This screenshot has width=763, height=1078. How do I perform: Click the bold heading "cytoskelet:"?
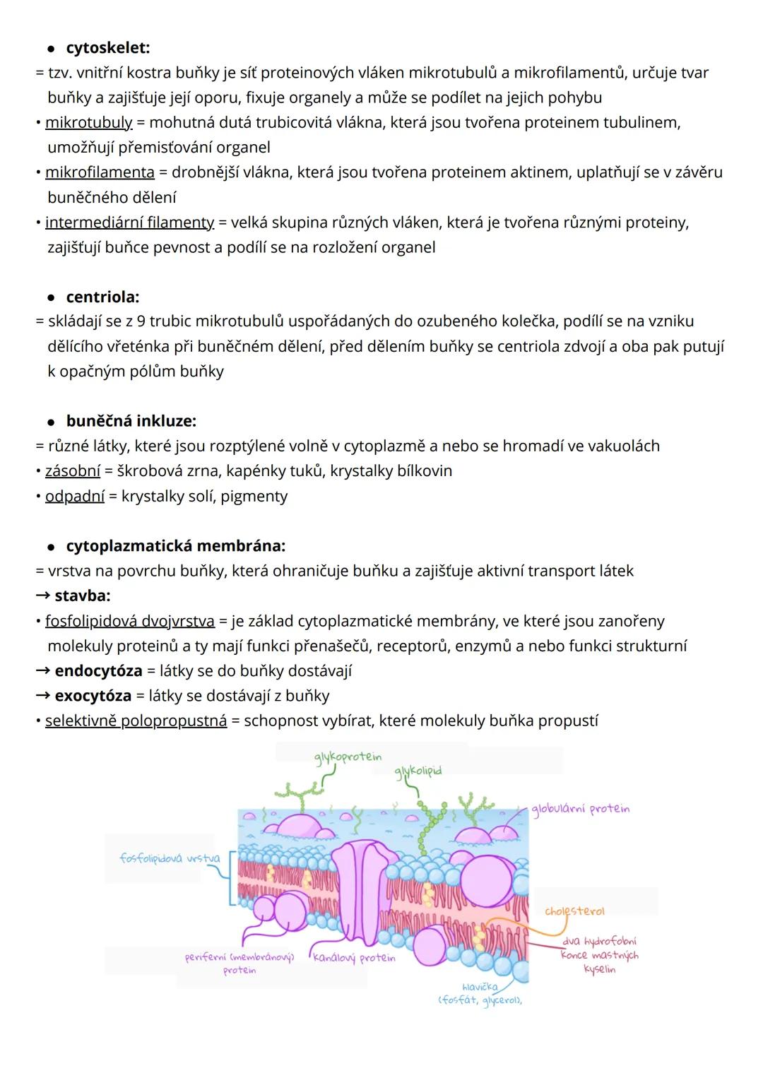(107, 48)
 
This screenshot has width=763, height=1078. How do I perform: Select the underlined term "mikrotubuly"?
(88, 122)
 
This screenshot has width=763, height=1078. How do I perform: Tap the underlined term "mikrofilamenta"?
(100, 172)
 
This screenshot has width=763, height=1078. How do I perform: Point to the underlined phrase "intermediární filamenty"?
(129, 223)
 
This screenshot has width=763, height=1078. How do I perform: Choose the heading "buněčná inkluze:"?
(131, 421)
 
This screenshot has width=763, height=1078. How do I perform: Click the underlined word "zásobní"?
(73, 471)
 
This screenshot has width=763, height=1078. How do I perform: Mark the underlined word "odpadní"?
(75, 496)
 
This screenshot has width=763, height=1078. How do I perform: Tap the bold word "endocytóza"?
(98, 671)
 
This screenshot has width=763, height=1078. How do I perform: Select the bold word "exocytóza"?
(93, 696)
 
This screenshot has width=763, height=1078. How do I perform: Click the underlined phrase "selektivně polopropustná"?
(136, 721)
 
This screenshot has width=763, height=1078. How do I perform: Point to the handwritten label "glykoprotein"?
(348, 757)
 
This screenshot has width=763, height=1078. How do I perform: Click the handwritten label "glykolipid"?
(418, 771)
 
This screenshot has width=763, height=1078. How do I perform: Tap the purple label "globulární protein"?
(580, 810)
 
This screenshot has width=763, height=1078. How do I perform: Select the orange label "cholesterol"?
(574, 911)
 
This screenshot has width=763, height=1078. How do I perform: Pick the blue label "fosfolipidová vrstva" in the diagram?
(170, 858)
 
